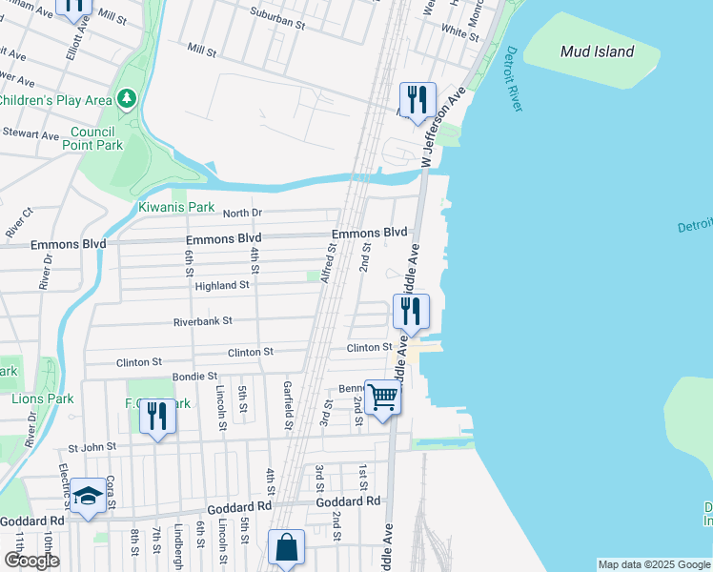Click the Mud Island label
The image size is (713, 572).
[598, 51]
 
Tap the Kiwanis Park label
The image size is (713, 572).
[176, 207]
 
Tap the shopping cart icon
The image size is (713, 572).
[383, 397]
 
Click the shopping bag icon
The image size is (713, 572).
[286, 547]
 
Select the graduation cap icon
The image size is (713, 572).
[89, 496]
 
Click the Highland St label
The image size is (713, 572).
[221, 285]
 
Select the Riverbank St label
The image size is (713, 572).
[202, 322]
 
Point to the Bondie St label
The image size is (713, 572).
[194, 377]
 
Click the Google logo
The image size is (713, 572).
[31, 560]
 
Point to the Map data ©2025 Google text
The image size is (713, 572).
[653, 564]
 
